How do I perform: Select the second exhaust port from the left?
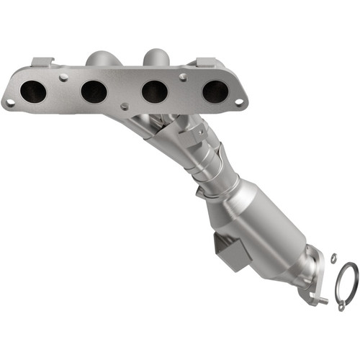pos(94,91)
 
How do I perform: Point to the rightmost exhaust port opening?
pos(215,91)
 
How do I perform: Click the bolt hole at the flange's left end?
pos(10,103)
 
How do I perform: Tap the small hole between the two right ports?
pos(184,74)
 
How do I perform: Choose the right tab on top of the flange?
pos(204,63)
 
